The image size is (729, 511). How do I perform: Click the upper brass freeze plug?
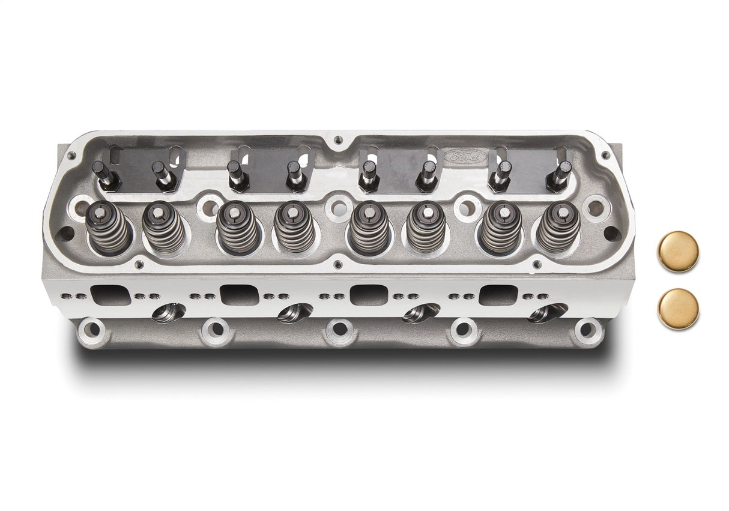coord(678,251)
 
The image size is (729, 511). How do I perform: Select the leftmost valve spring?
coord(109,228)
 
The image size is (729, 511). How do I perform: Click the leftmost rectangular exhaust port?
coord(111,295)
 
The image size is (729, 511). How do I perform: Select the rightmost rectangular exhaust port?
coord(498,294)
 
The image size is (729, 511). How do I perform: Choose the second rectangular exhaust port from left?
coord(239,294)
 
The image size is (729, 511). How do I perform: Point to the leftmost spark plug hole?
coord(168,313)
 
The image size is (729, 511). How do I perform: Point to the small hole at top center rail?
coord(339,140)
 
